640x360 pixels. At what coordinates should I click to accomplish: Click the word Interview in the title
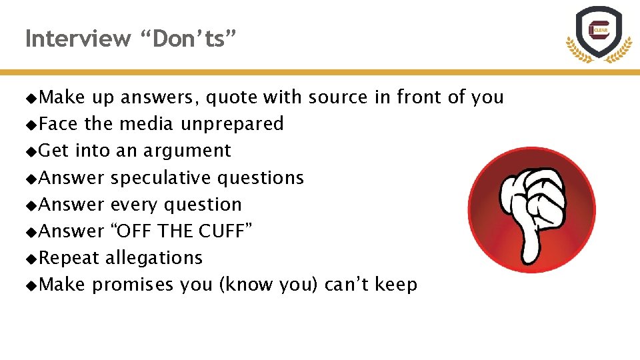(78, 39)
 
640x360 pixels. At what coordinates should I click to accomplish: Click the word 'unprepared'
(232, 124)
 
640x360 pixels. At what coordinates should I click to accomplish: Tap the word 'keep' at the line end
(396, 285)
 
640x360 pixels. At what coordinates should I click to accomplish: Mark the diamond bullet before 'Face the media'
(31, 125)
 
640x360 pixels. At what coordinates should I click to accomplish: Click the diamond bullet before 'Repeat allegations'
(31, 258)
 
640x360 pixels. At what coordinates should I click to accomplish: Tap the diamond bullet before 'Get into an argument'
(31, 151)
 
